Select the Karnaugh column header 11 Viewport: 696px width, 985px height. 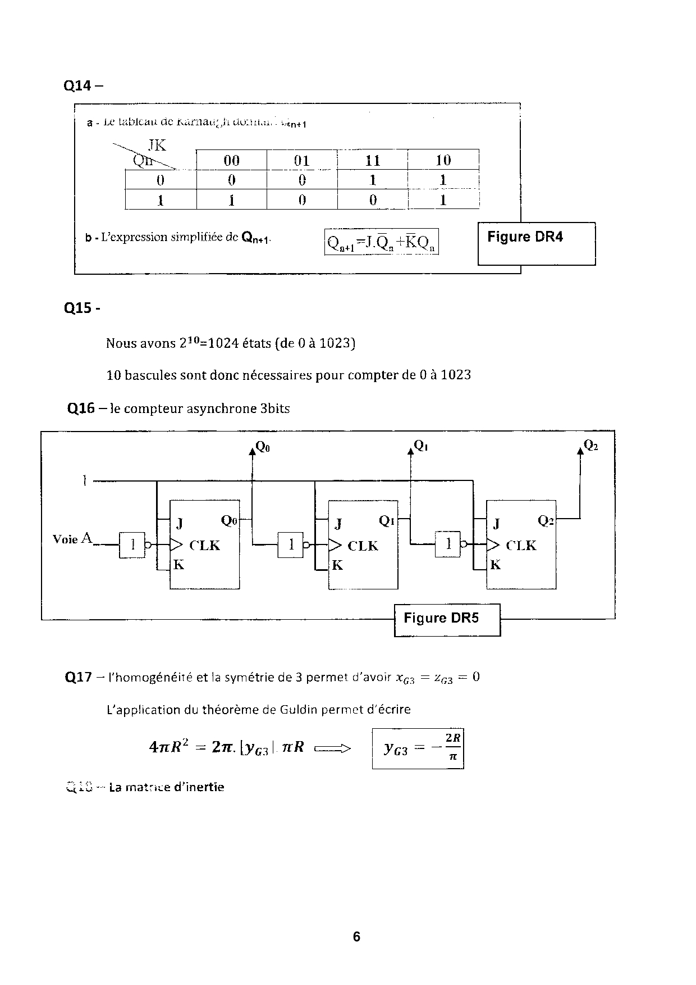pyautogui.click(x=373, y=161)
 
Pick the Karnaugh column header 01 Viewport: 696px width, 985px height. pyautogui.click(x=302, y=161)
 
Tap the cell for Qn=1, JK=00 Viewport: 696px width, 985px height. pyautogui.click(x=231, y=200)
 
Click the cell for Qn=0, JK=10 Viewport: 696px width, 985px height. pyautogui.click(x=443, y=180)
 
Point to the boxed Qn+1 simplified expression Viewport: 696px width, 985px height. pyautogui.click(x=381, y=242)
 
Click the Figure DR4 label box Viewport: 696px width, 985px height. pyautogui.click(x=536, y=243)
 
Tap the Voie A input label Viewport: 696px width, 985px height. pyautogui.click(x=72, y=539)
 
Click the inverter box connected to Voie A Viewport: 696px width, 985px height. pyautogui.click(x=132, y=544)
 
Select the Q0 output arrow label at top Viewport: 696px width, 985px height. pyautogui.click(x=262, y=447)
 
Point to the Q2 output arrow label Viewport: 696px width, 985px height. pyautogui.click(x=590, y=446)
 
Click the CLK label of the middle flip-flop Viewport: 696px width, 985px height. pyautogui.click(x=363, y=546)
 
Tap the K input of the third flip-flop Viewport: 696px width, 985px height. pyautogui.click(x=495, y=565)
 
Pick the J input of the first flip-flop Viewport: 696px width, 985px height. pyautogui.click(x=180, y=524)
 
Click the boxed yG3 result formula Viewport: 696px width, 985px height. pyautogui.click(x=418, y=748)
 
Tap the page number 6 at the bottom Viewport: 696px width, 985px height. pyautogui.click(x=356, y=937)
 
